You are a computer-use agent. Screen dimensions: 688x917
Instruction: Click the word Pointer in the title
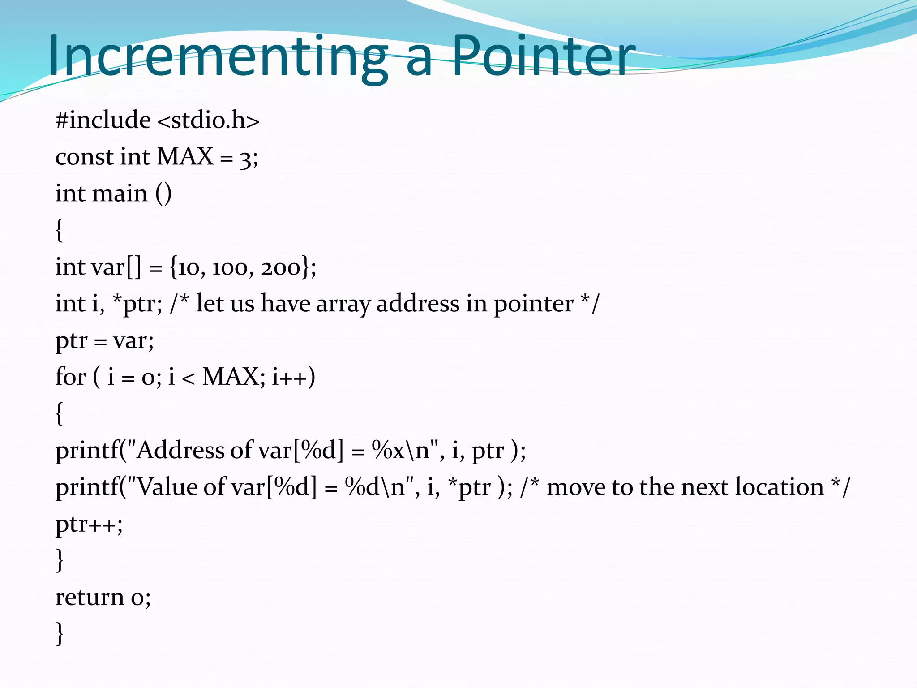(x=543, y=56)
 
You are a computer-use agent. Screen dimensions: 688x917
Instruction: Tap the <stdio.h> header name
(x=209, y=120)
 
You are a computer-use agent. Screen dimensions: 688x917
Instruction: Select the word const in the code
(x=84, y=157)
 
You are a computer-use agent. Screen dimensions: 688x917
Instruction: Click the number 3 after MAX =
(x=245, y=158)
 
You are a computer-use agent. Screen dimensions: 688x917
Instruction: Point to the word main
(x=120, y=194)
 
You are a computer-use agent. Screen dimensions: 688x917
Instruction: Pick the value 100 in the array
(x=230, y=267)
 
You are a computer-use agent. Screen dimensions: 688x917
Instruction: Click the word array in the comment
(x=343, y=305)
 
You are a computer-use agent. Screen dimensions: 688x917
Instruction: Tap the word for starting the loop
(x=70, y=377)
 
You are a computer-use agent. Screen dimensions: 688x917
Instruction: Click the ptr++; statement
(x=89, y=524)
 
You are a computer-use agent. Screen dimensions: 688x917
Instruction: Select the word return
(x=90, y=598)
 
